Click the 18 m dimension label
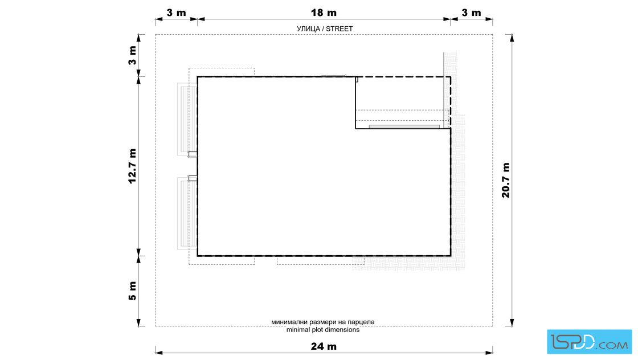[324, 13]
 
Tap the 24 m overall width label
[324, 346]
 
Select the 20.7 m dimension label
[505, 180]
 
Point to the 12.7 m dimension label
[132, 166]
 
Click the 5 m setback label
[132, 291]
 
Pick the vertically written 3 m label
[132, 55]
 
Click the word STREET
[340, 29]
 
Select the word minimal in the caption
[298, 329]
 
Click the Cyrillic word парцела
[361, 322]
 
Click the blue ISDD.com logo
[589, 342]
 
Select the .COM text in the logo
[612, 345]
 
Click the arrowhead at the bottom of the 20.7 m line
[512, 322]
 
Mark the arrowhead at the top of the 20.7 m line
[512, 38]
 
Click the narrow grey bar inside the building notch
[404, 126]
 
